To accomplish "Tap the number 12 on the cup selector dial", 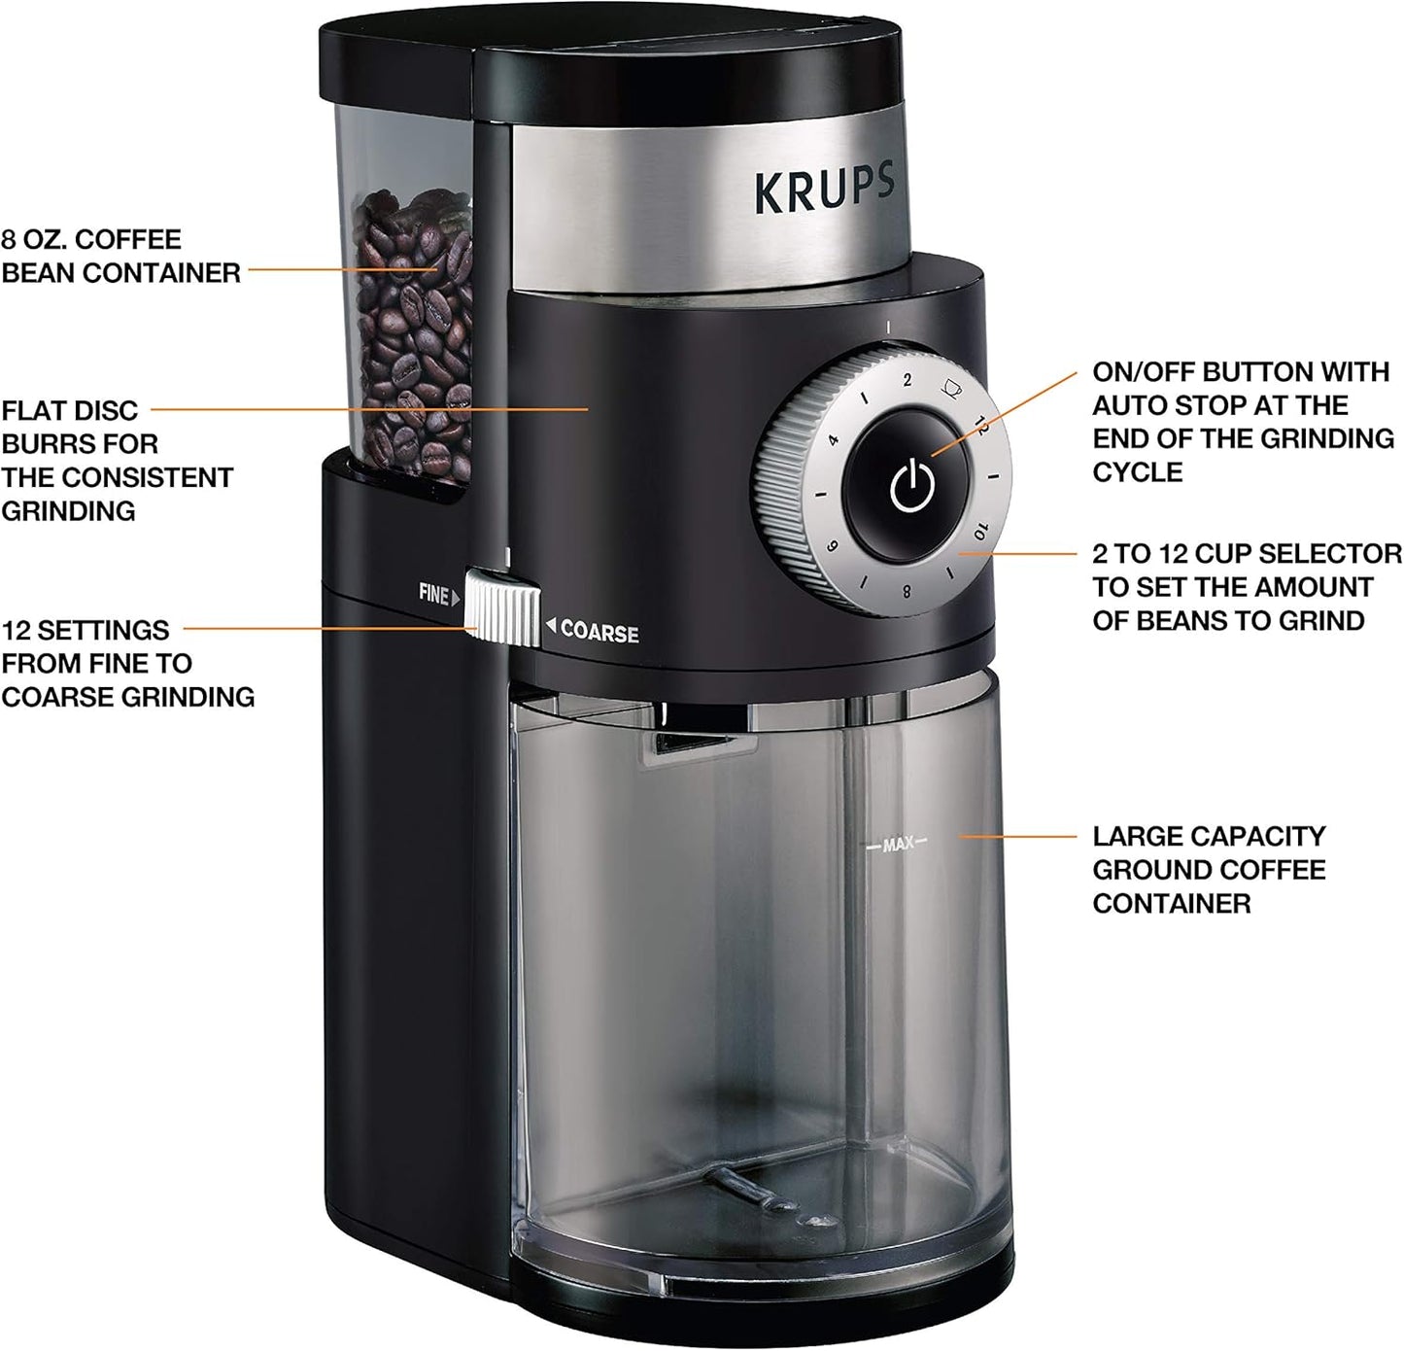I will [981, 426].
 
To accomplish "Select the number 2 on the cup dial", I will [907, 380].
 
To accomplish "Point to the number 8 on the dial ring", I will [907, 590].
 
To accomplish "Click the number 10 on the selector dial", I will [980, 531].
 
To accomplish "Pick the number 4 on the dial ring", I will [834, 439].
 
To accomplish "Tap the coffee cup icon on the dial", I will [951, 388].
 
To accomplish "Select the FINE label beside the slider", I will [434, 593].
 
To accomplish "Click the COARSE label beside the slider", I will [599, 633].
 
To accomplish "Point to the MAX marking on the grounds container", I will [898, 845].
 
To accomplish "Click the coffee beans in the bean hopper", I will [413, 330].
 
